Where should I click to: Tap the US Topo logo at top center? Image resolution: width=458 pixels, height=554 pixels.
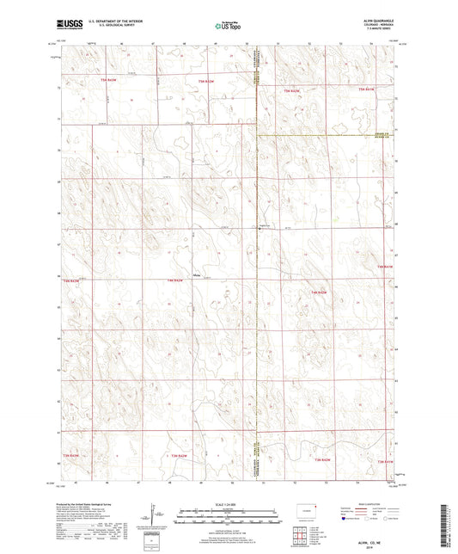click(229, 27)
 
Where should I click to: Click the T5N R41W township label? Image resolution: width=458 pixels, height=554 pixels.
click(368, 89)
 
